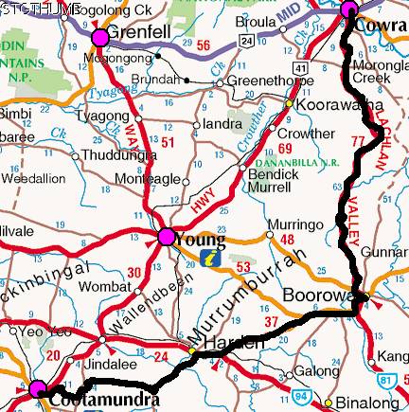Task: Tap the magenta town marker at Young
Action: pos(167,237)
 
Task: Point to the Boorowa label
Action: pos(320,296)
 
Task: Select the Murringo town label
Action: pos(289,224)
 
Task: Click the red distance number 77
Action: pos(357,141)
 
